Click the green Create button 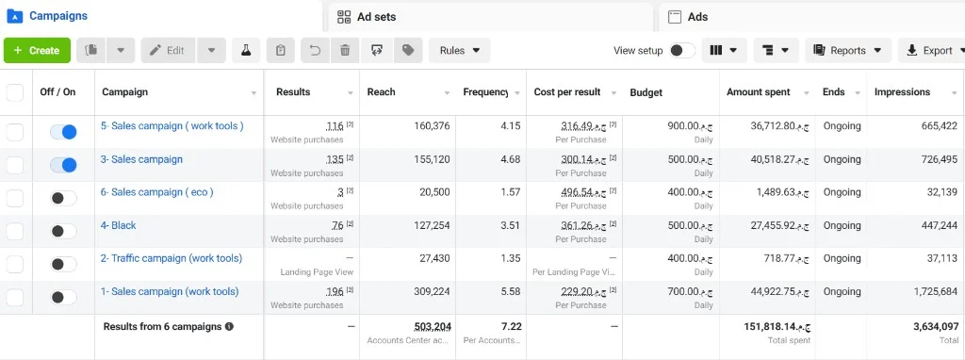[x=37, y=51]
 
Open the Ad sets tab [x=367, y=17]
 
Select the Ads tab [x=688, y=17]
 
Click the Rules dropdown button [x=460, y=51]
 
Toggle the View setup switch [x=682, y=51]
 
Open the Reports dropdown [x=848, y=51]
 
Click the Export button [x=932, y=51]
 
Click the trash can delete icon [x=345, y=51]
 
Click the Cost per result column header [x=566, y=92]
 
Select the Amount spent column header [x=759, y=92]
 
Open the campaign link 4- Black [x=118, y=225]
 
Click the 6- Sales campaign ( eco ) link [x=157, y=192]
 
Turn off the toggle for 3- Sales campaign [x=63, y=165]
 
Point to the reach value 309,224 [x=432, y=292]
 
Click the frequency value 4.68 [x=510, y=159]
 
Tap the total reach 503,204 [x=432, y=326]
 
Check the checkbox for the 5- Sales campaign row [x=14, y=132]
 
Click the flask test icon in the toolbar [x=246, y=51]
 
